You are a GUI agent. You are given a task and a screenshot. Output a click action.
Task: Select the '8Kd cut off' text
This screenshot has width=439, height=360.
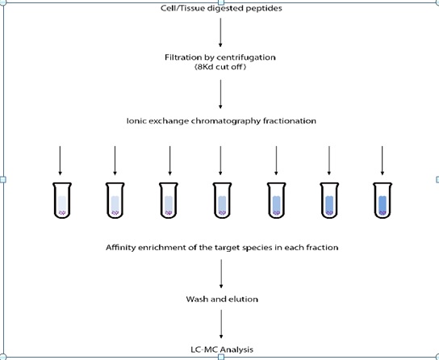click(220, 67)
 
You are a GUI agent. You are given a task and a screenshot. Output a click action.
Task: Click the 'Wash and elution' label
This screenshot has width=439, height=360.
click(222, 299)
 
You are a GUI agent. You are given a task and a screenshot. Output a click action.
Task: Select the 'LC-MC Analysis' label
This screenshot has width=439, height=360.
click(222, 350)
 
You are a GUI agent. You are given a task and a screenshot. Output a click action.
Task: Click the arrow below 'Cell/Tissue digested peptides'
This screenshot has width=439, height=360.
click(220, 32)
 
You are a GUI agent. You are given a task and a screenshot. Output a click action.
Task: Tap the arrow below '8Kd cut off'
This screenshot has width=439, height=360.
click(220, 94)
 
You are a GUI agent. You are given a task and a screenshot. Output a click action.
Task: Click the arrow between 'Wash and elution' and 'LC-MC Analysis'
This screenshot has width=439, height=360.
click(221, 324)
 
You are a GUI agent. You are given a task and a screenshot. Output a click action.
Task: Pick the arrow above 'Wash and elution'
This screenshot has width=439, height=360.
click(221, 274)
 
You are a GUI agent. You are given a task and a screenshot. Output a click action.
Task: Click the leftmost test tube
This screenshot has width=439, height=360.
click(62, 200)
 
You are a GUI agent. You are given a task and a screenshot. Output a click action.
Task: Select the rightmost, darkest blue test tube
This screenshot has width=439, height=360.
click(383, 200)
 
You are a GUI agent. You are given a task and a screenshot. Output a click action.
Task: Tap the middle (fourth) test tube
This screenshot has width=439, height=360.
click(222, 200)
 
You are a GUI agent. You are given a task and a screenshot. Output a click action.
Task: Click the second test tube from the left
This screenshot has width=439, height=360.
click(115, 200)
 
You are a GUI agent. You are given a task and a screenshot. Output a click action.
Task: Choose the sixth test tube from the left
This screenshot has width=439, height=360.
click(329, 200)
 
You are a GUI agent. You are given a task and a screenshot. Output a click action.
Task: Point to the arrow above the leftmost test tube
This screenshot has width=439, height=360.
click(60, 161)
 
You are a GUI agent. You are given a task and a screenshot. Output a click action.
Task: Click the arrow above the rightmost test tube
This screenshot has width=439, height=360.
click(383, 161)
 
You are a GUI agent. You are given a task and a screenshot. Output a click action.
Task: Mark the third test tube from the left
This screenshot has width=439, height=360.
click(169, 200)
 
